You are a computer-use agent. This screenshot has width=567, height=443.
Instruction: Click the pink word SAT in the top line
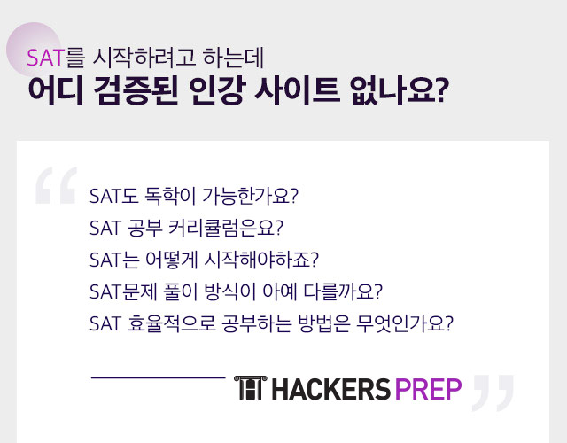coord(45,58)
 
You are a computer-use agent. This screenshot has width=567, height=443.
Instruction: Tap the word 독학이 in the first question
coord(170,196)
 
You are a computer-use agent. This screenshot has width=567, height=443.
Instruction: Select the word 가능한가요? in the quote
coord(250,196)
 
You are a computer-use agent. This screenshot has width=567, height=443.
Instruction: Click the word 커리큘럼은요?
coord(226,229)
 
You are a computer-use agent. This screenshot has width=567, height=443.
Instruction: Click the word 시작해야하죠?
coord(261,260)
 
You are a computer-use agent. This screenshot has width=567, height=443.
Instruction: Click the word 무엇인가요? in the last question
coord(404,323)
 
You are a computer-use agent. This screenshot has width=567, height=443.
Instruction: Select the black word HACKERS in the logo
coord(330,389)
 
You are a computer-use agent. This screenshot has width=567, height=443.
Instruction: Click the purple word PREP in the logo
coord(428,389)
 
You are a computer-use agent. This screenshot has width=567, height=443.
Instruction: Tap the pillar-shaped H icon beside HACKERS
coord(250,388)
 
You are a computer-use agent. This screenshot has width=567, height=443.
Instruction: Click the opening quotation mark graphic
coord(57,185)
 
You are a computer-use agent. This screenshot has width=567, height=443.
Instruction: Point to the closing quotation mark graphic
coord(493,393)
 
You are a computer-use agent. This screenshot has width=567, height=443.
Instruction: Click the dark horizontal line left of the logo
coord(158,377)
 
